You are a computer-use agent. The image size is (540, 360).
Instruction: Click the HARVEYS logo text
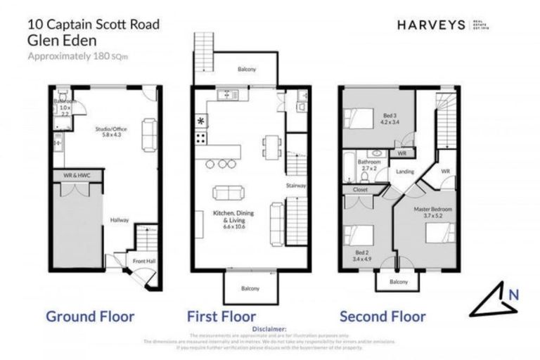pos(430,25)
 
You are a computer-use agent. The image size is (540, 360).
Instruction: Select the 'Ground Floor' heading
pos(90,316)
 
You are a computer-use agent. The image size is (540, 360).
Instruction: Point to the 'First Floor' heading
pos(221,316)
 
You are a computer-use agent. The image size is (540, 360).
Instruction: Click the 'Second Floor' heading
pos(382,316)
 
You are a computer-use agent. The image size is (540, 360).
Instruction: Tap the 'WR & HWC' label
pos(77,174)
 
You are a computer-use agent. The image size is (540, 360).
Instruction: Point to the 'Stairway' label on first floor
pos(295,186)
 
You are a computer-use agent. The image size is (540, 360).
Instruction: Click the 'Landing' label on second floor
pos(404,171)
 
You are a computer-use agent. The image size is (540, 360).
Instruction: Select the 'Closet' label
pos(359,189)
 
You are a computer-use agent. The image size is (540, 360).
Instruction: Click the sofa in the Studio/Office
pos(149,134)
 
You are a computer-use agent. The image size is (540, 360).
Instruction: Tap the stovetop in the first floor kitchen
pos(200,138)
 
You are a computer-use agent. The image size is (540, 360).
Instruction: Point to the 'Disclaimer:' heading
pos(269,328)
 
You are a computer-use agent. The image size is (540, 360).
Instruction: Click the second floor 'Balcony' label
pos(399,282)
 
